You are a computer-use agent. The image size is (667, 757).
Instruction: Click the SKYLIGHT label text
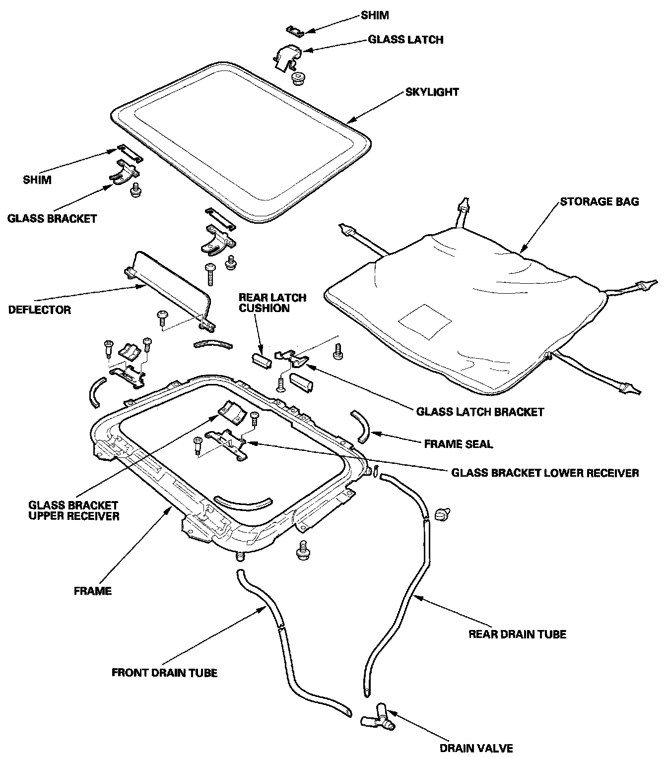click(432, 92)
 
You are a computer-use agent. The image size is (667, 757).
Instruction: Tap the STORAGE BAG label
click(599, 202)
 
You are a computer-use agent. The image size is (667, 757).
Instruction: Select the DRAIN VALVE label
click(476, 748)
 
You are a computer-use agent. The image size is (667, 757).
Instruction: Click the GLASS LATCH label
click(405, 40)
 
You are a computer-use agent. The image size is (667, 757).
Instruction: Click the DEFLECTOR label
click(40, 310)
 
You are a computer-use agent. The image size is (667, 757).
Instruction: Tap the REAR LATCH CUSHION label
click(272, 303)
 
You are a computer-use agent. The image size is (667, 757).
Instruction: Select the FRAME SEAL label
click(458, 444)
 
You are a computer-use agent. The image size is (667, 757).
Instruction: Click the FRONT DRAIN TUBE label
click(164, 673)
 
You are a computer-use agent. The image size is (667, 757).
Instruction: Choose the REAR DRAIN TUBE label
click(517, 634)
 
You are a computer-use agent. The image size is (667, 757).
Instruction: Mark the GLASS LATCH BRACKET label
click(480, 412)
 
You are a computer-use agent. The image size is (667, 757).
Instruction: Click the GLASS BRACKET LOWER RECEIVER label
click(545, 473)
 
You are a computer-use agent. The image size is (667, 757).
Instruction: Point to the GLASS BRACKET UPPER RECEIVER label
click(73, 510)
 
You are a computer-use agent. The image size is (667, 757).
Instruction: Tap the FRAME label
click(93, 591)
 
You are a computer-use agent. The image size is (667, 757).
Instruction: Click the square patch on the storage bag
click(425, 322)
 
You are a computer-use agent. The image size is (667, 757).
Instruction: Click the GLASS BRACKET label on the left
click(52, 218)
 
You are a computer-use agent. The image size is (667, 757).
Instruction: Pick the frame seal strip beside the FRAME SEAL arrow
click(360, 425)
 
